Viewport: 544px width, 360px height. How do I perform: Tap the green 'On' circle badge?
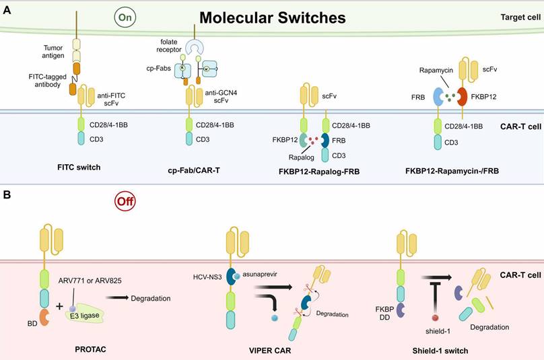point(124,15)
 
